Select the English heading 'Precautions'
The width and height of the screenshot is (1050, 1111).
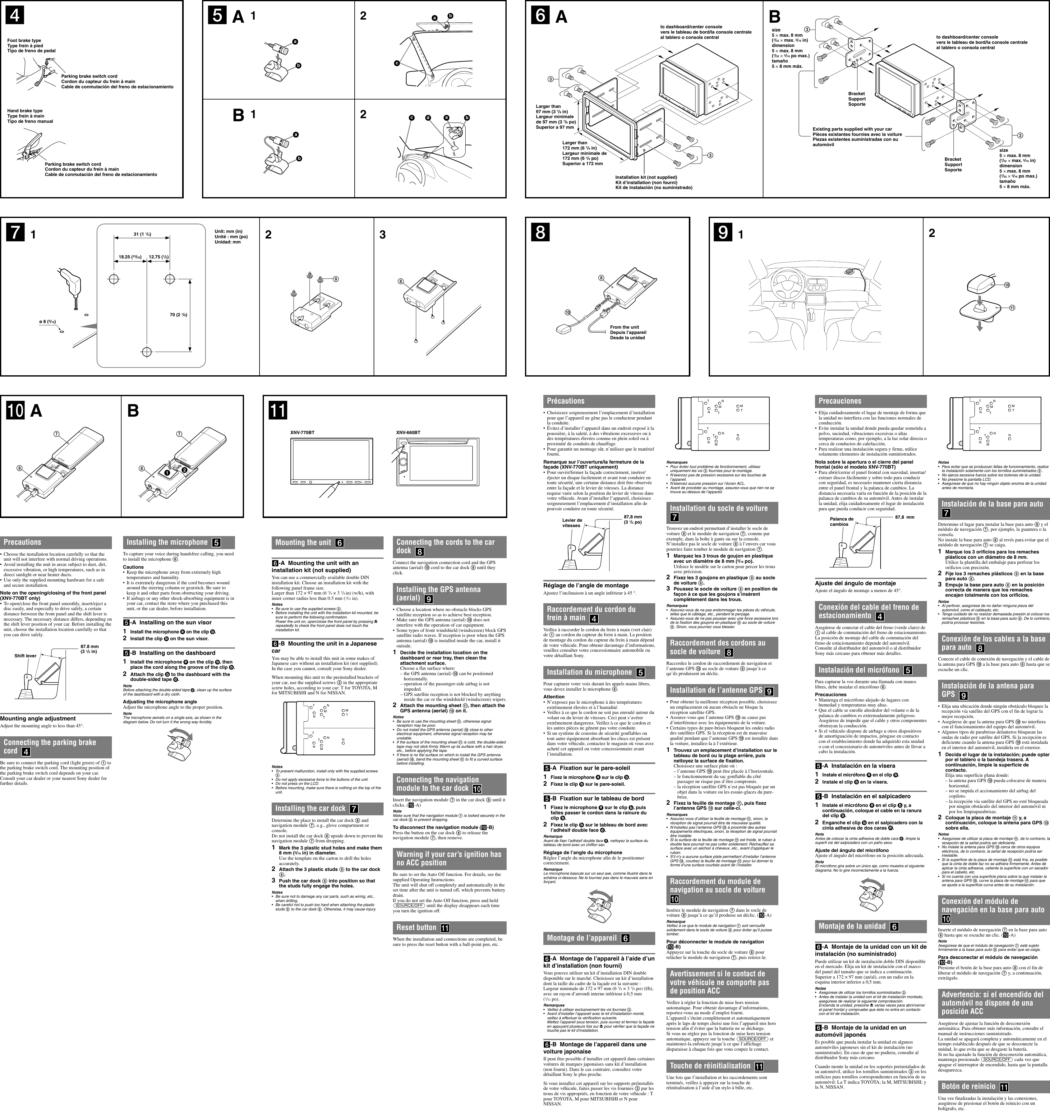click(x=22, y=542)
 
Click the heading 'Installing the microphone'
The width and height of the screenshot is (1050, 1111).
click(x=167, y=542)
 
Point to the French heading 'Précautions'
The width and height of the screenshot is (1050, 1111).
click(x=565, y=401)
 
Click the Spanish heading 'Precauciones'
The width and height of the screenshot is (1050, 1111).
click(x=840, y=401)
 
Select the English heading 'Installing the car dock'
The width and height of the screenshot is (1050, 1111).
click(x=310, y=808)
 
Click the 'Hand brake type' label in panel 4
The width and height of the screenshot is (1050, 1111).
click(x=25, y=111)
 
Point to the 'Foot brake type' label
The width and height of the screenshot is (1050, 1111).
click(x=24, y=40)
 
